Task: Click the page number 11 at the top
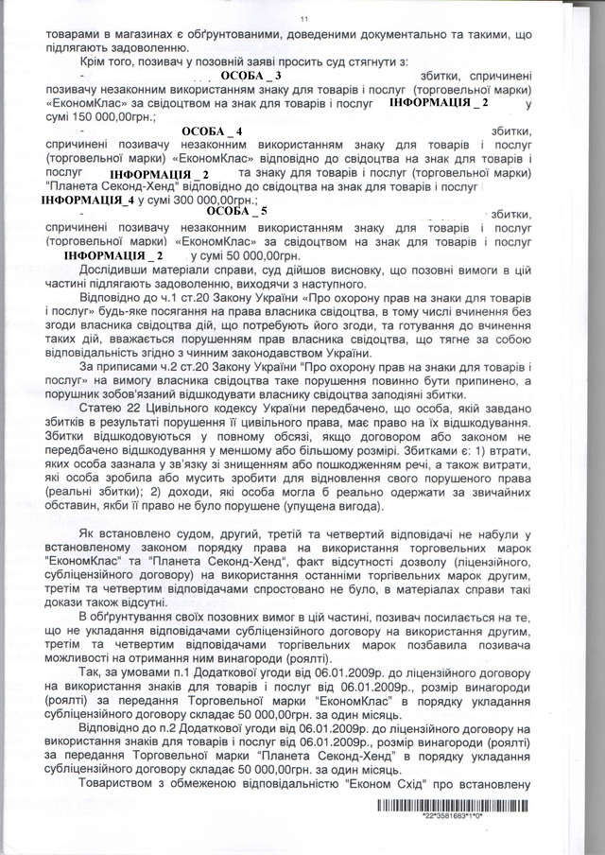click(303, 18)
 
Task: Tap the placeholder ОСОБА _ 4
click(212, 129)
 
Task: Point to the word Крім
click(95, 61)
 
